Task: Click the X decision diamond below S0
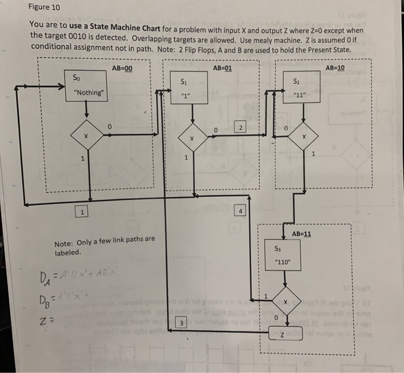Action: (86, 136)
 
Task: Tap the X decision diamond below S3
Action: (284, 302)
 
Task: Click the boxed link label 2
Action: (242, 126)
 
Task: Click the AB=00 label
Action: (122, 68)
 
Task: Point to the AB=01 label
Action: (222, 68)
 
